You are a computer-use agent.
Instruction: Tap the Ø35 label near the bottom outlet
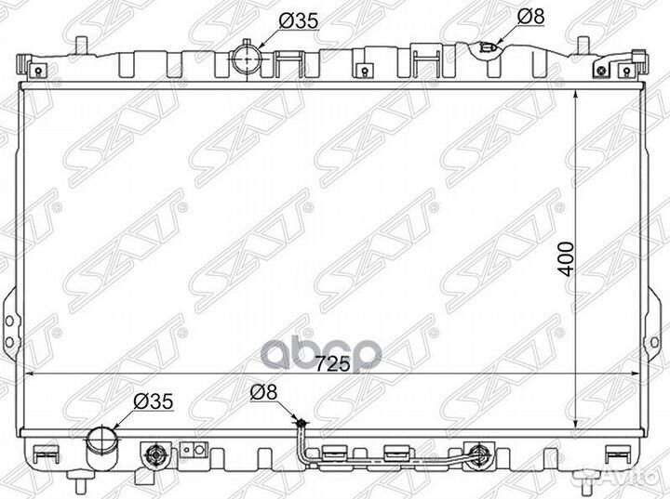(154, 402)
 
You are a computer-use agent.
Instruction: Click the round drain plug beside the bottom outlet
(154, 455)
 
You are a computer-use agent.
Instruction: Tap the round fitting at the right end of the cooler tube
(479, 455)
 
